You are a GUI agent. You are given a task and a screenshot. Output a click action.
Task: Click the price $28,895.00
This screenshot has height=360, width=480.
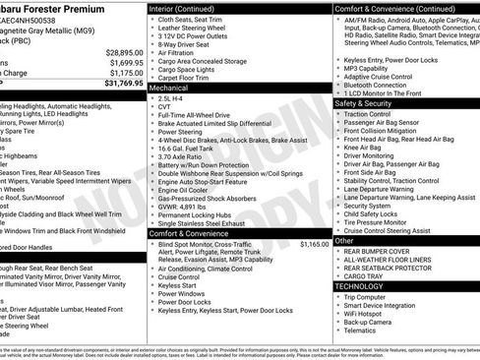(x=119, y=51)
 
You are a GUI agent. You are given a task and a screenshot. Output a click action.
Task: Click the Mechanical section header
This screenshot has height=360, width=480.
(x=169, y=87)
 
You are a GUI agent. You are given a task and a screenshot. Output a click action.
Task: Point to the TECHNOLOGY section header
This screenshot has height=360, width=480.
(x=366, y=284)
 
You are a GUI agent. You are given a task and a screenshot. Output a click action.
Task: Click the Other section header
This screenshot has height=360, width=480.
(x=344, y=240)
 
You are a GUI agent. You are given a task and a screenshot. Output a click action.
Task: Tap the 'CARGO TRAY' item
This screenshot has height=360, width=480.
(x=371, y=275)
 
